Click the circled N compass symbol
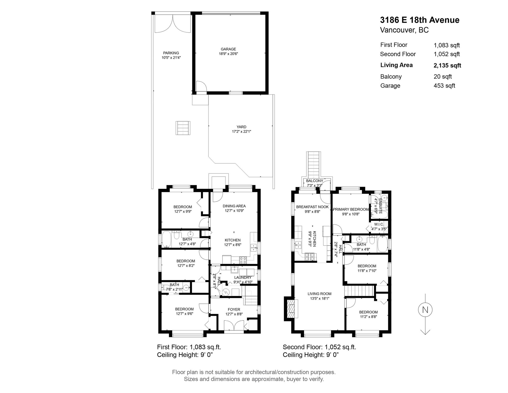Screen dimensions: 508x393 (x=425, y=310)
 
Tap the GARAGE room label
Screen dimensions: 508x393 (x=228, y=49)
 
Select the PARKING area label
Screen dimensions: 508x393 (x=171, y=53)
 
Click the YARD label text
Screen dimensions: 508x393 (x=241, y=127)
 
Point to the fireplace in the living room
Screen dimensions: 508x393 (x=290, y=309)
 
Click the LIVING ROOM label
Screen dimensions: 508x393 (x=319, y=294)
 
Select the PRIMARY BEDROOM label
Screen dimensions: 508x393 (x=351, y=209)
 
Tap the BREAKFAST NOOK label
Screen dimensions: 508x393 (x=312, y=207)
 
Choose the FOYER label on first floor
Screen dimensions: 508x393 (x=234, y=309)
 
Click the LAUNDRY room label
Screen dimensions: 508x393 (x=243, y=277)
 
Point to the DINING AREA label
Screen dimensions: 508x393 (x=234, y=206)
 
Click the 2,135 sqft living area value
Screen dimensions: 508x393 (x=447, y=65)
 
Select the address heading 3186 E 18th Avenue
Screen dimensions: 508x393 (x=420, y=20)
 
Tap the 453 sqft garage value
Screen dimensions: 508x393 (x=444, y=86)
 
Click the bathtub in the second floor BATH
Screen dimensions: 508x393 (x=382, y=244)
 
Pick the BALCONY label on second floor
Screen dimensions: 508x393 (x=315, y=181)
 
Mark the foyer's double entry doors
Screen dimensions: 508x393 (x=234, y=325)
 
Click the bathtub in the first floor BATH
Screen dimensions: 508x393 (x=166, y=239)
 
